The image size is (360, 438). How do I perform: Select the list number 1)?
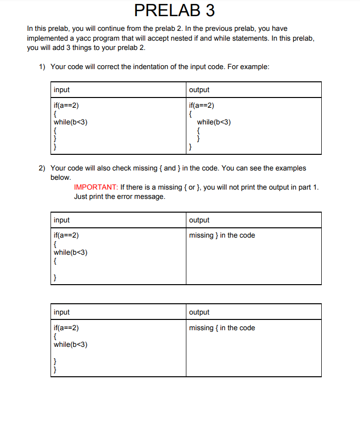click(x=43, y=67)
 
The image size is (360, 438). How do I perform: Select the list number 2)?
click(x=43, y=168)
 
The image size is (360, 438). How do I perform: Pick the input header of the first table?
click(x=62, y=90)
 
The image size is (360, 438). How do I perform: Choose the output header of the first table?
click(x=199, y=90)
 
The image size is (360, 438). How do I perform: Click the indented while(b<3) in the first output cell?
click(x=214, y=122)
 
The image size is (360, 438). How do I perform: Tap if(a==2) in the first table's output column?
click(x=202, y=106)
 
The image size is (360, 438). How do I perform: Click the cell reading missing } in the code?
click(x=222, y=235)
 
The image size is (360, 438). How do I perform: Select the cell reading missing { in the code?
click(x=222, y=328)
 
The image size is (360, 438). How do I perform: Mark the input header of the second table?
click(x=62, y=220)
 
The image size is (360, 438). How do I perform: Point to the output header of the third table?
click(x=199, y=312)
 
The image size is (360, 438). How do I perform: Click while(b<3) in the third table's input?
click(x=71, y=344)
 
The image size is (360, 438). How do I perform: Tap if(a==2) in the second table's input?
click(x=66, y=235)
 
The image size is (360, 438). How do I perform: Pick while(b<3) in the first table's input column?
click(x=71, y=122)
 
